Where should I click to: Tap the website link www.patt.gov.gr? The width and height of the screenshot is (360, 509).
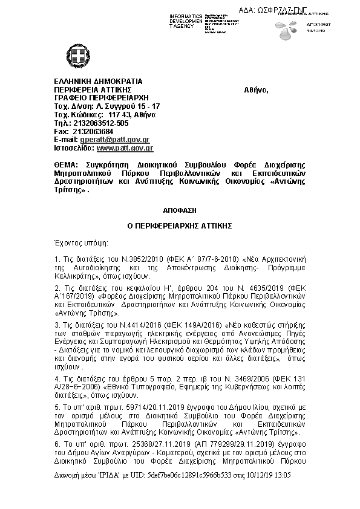pos(125,148)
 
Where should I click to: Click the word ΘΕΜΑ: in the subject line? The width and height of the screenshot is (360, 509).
pos(65,165)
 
